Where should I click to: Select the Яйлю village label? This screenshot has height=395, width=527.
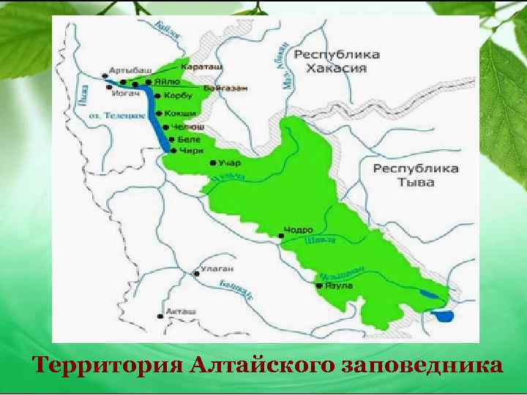(x=168, y=82)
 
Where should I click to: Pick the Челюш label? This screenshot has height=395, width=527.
(x=184, y=126)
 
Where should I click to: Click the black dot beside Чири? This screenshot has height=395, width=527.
(x=173, y=150)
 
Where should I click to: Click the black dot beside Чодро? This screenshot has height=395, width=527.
(x=283, y=236)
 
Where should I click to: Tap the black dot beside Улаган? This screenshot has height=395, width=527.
(x=195, y=274)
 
